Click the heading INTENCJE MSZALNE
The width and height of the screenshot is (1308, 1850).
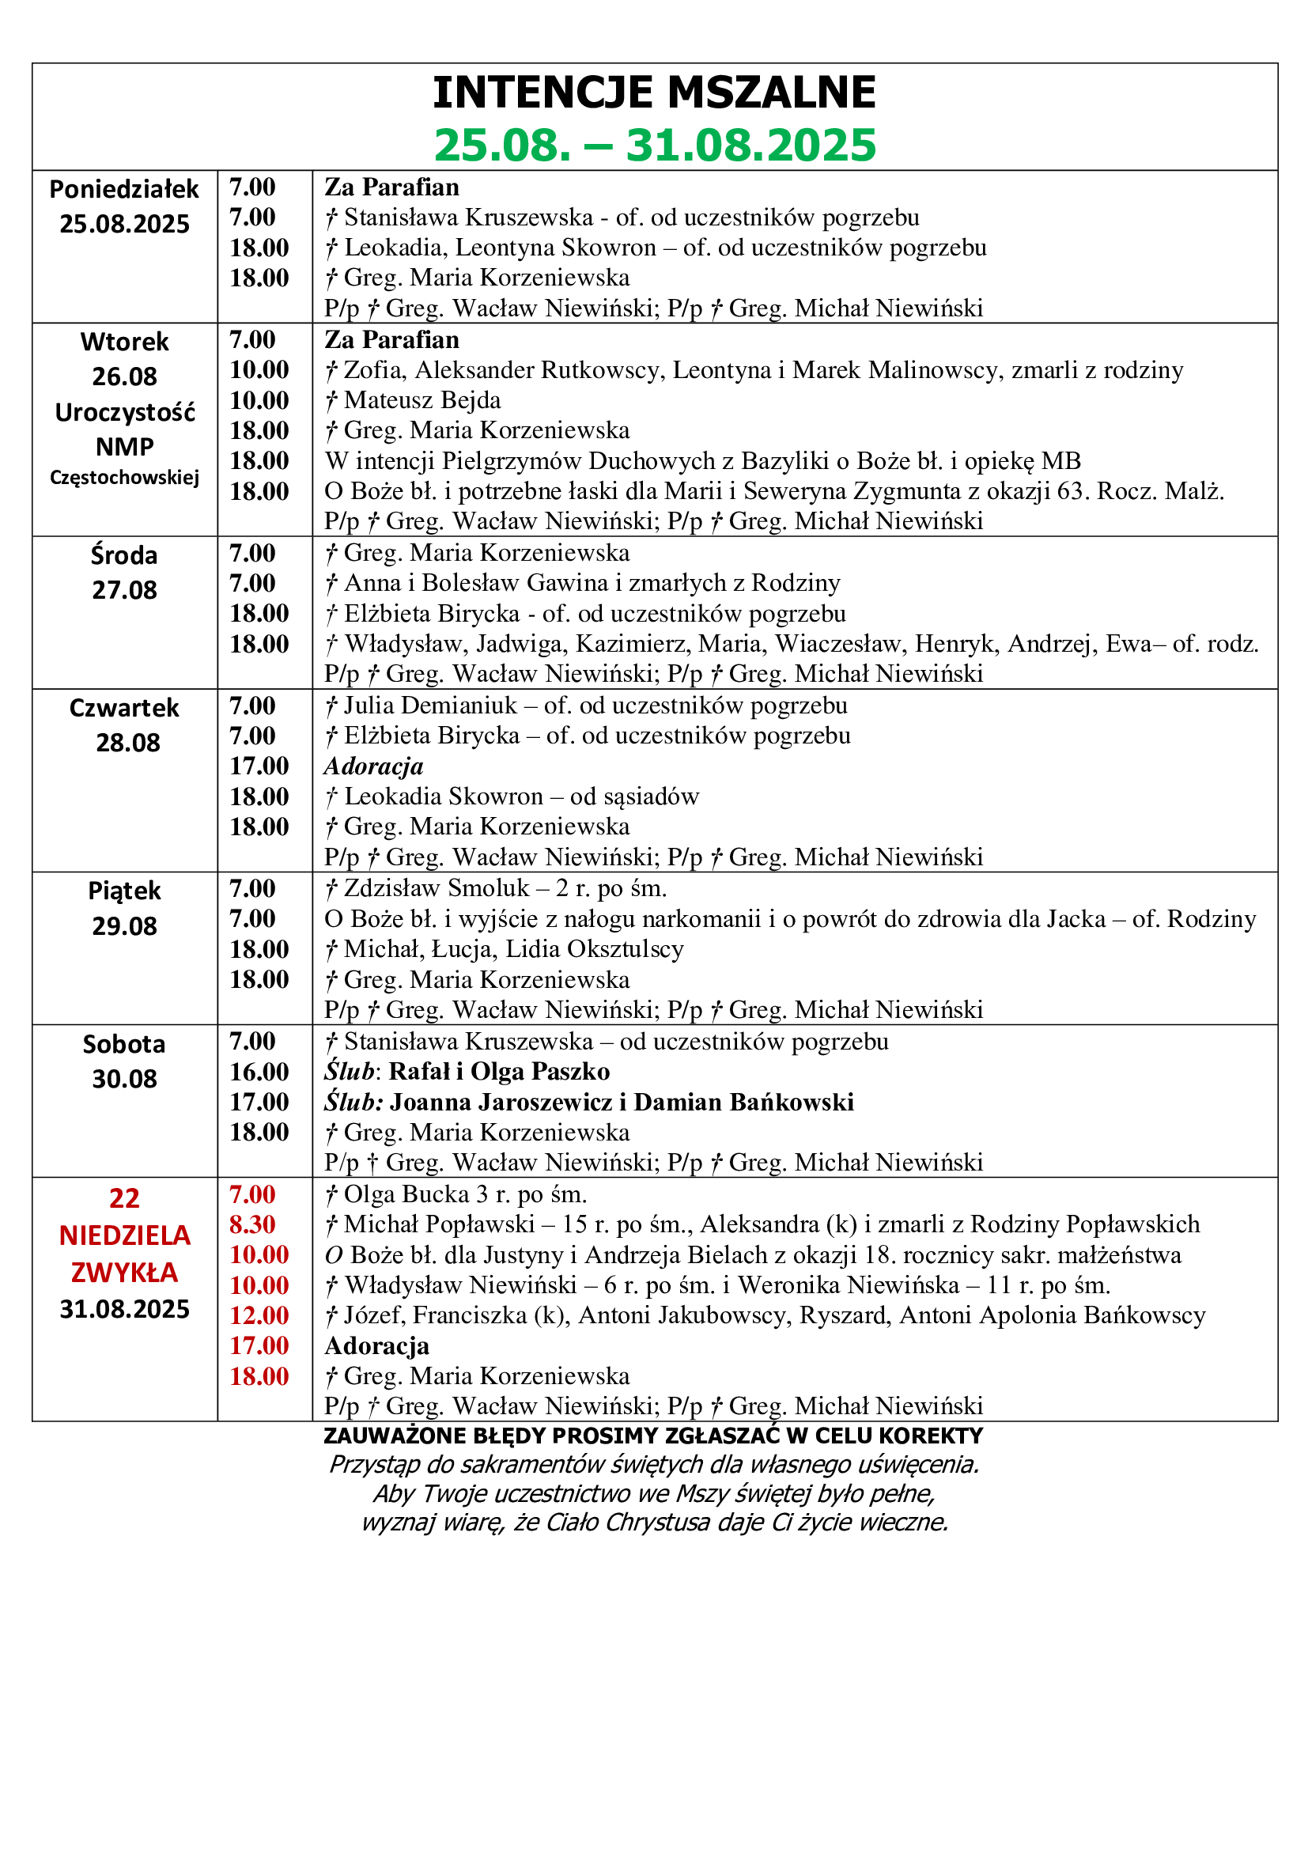654,92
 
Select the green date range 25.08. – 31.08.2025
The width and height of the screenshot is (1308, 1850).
654,145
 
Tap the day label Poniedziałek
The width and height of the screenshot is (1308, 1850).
124,189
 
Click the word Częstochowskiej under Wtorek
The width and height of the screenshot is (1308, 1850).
124,478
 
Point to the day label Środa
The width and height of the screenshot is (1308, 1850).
124,555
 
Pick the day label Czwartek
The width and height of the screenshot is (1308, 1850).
124,708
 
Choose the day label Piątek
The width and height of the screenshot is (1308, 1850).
124,891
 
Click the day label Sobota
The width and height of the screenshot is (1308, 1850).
124,1044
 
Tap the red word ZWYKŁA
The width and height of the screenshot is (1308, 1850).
124,1273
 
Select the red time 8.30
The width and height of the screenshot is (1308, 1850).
252,1224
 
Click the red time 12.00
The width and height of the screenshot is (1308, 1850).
259,1316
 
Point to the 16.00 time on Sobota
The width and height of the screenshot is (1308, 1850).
259,1072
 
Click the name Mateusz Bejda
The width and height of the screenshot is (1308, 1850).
422,400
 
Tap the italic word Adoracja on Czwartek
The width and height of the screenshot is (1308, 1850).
374,766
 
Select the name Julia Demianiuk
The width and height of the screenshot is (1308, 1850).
430,706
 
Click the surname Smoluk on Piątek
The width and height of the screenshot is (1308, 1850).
488,888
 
